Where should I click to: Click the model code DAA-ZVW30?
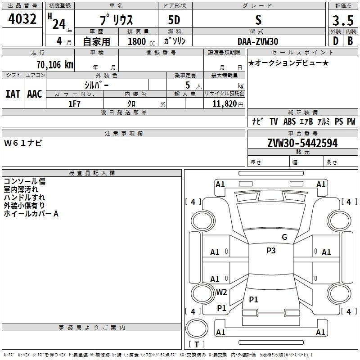[x=258, y=41]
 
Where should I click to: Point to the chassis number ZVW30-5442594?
[x=302, y=143]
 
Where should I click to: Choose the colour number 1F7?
[x=74, y=104]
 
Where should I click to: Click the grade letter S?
[x=258, y=20]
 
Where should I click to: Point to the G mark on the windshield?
[x=284, y=237]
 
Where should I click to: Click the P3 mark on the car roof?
[x=270, y=251]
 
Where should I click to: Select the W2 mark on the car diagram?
[x=221, y=292]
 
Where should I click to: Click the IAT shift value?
[x=13, y=94]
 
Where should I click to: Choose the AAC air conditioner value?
[x=35, y=94]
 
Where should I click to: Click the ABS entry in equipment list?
[x=290, y=121]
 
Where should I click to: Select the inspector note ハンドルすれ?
[x=24, y=198]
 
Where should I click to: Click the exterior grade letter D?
[x=335, y=41]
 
